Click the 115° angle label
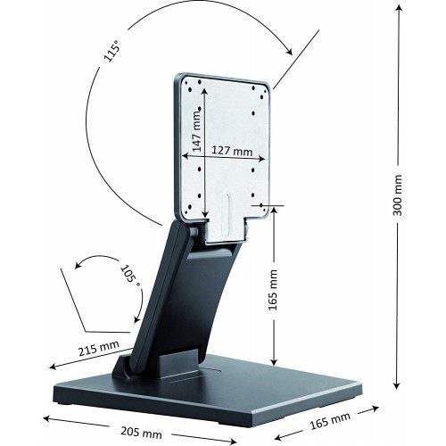(x=111, y=52)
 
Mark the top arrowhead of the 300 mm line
(x=397, y=7)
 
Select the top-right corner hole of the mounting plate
(x=265, y=87)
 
